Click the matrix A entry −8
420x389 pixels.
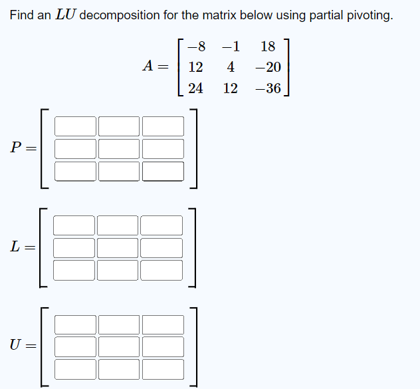196,47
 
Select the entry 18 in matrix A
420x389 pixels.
268,47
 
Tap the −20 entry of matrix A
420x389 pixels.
268,67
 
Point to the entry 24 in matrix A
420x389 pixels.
196,88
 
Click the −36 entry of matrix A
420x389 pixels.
268,88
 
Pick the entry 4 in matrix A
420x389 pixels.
231,67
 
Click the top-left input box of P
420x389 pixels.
75,126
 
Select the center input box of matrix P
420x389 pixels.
119,149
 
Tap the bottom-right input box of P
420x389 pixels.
163,171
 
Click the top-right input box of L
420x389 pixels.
161,225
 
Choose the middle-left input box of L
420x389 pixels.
74,248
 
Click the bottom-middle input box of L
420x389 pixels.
118,270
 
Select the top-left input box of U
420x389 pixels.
75,324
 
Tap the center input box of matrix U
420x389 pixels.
119,346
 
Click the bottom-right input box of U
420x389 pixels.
163,368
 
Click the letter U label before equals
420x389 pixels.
15,344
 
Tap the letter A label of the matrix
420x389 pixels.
150,66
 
